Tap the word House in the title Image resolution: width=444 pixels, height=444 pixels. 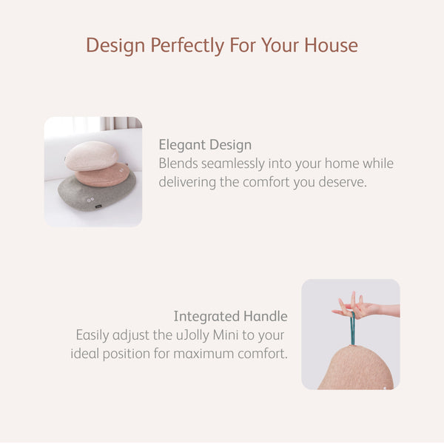click(x=329, y=45)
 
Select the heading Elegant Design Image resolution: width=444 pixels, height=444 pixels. click(x=205, y=145)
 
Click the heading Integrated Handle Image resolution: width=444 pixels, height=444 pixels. click(x=230, y=317)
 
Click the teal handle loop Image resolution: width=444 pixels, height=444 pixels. click(x=353, y=326)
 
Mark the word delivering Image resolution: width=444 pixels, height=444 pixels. click(x=187, y=182)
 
